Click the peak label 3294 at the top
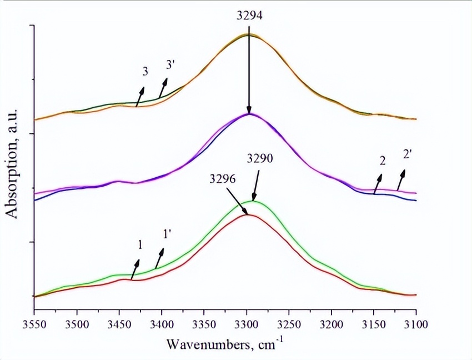(x=248, y=17)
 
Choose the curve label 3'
(x=171, y=66)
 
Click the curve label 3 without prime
(x=145, y=72)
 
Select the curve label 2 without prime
(x=383, y=162)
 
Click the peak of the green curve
(x=254, y=201)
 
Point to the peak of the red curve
(x=248, y=214)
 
